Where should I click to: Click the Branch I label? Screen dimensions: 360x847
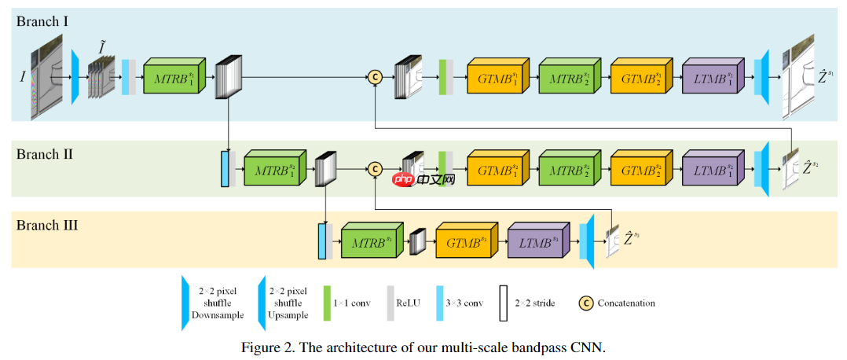(42, 21)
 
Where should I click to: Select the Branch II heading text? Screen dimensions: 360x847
(45, 154)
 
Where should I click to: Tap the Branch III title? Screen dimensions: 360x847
(47, 225)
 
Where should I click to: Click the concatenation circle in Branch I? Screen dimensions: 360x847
(376, 76)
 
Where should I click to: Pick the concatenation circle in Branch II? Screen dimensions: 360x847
(376, 168)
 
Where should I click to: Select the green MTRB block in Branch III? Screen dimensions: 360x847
(372, 243)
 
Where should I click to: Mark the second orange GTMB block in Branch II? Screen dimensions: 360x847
(641, 169)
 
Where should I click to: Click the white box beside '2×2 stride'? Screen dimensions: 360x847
(502, 303)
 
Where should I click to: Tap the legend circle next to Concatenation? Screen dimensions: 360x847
(585, 303)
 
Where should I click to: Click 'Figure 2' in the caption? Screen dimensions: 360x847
(266, 347)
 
